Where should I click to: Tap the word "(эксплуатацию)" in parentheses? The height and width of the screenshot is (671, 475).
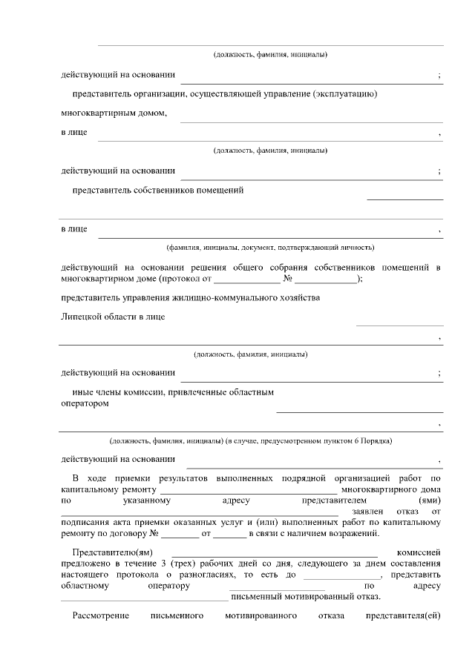(x=346, y=94)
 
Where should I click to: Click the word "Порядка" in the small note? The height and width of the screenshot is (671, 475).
(x=376, y=440)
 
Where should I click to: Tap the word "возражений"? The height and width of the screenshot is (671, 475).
(x=353, y=533)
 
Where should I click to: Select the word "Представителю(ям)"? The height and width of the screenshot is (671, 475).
(x=111, y=552)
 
